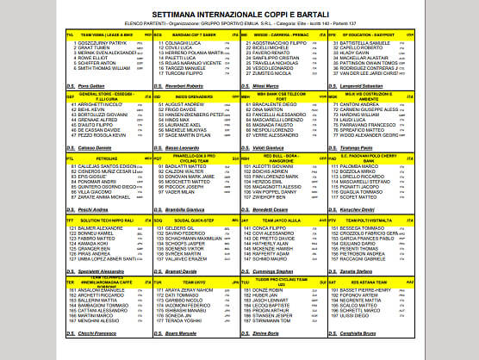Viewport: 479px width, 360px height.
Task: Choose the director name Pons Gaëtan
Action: [91, 86]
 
